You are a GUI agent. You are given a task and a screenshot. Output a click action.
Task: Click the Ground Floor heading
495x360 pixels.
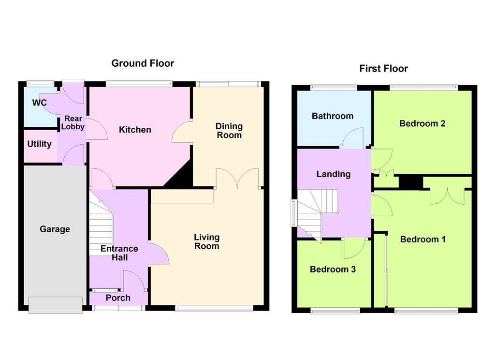click(x=143, y=63)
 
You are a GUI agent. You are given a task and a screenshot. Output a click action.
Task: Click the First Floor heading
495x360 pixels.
click(x=383, y=69)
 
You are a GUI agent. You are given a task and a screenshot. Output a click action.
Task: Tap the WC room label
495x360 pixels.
click(x=40, y=103)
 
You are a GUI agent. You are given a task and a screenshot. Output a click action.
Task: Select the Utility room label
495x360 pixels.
click(x=40, y=144)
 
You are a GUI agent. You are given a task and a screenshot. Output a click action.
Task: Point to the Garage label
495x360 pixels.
click(x=55, y=229)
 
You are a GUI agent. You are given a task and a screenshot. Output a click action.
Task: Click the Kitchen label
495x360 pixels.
click(x=135, y=130)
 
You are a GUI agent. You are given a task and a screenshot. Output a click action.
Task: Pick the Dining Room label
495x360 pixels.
click(x=229, y=131)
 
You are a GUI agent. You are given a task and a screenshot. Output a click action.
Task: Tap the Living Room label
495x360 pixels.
click(x=207, y=241)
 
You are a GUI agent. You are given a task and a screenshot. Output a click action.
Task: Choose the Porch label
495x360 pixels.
click(x=118, y=298)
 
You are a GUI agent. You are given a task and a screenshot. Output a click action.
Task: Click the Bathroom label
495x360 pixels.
click(x=333, y=116)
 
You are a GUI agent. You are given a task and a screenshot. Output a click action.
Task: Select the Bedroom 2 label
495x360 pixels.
click(x=422, y=123)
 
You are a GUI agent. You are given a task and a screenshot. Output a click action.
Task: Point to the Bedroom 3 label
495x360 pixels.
click(x=333, y=270)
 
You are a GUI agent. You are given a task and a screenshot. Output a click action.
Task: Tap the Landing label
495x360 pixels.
click(x=334, y=174)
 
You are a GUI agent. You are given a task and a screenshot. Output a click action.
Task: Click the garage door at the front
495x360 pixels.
click(x=56, y=305)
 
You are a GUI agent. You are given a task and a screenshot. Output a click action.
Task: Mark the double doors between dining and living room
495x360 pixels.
click(x=237, y=178)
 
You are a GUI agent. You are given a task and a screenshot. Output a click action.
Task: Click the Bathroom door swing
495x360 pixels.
click(x=352, y=138)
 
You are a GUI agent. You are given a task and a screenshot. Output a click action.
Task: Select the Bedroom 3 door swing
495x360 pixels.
click(x=354, y=248)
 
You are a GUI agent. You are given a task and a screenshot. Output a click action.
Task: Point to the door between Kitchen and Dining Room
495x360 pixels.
click(x=182, y=133)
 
